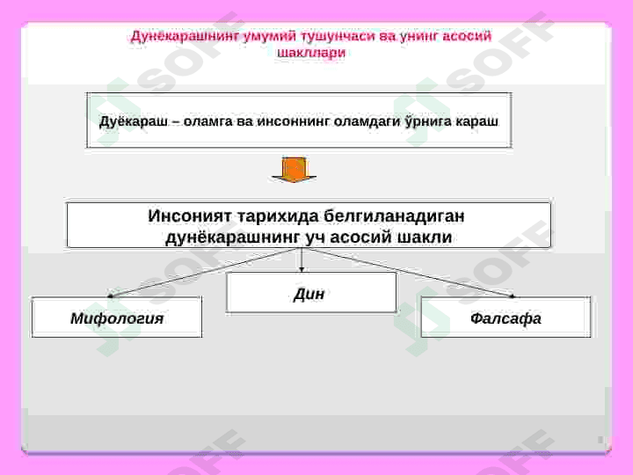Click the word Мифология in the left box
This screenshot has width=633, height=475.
(x=117, y=318)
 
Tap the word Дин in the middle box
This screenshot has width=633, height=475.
(x=309, y=294)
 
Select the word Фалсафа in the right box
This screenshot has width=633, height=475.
(x=506, y=318)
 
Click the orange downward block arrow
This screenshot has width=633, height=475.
(x=294, y=170)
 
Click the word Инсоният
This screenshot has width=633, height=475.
(x=187, y=216)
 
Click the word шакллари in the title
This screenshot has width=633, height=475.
(x=311, y=52)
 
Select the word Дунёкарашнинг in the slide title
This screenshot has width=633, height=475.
(x=188, y=36)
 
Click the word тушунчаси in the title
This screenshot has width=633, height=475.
(x=338, y=36)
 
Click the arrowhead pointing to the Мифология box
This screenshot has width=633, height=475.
(x=111, y=296)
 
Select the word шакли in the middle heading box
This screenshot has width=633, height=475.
(x=424, y=237)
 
